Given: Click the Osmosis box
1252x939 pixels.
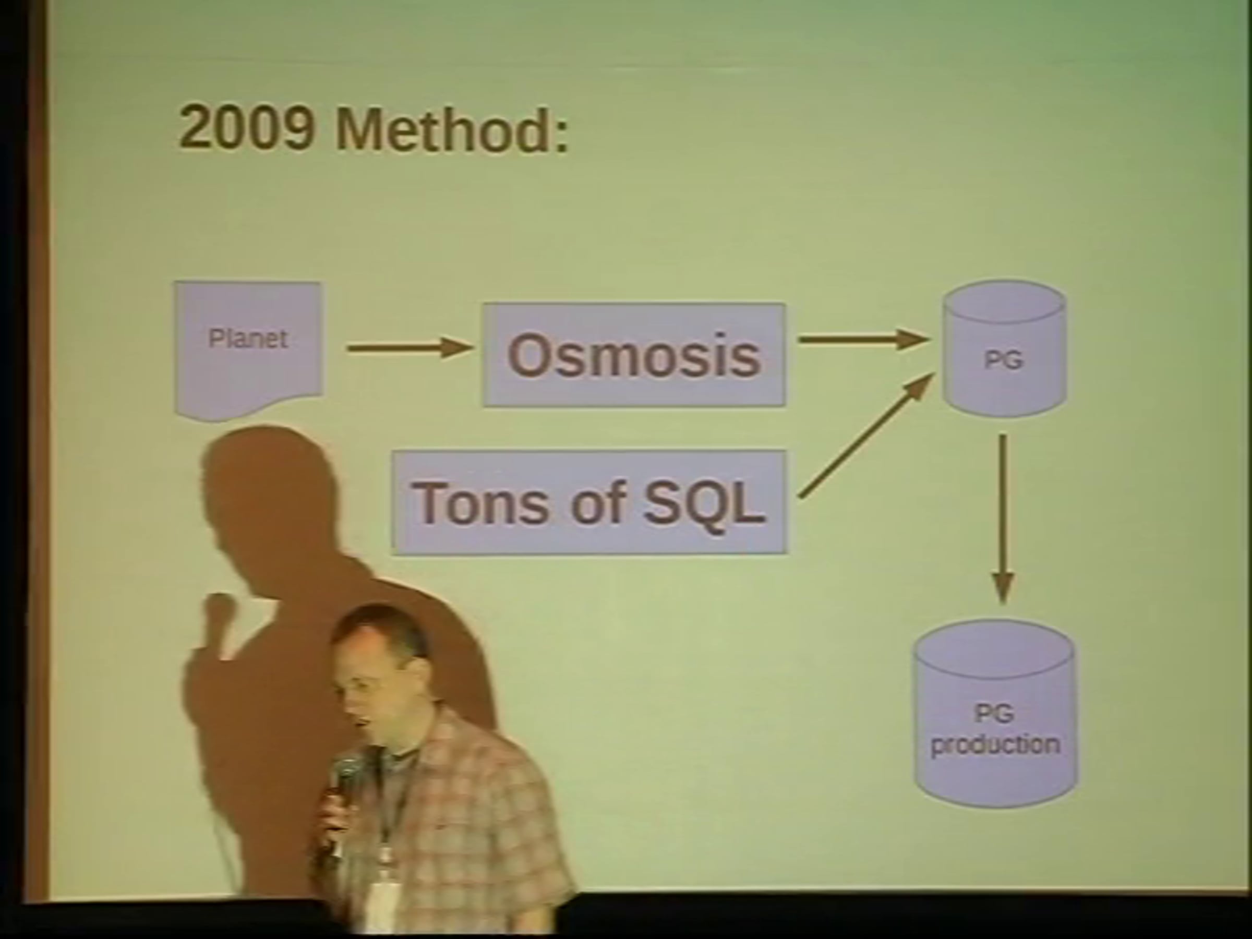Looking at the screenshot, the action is (x=634, y=355).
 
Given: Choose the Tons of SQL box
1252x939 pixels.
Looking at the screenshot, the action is (x=589, y=502).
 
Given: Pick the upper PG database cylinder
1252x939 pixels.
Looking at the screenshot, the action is (x=1005, y=348).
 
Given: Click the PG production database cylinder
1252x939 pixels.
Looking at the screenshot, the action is (x=995, y=714).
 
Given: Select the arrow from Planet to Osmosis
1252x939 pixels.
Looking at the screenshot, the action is (x=410, y=347).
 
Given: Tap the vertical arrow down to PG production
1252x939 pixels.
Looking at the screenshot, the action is (x=1003, y=518).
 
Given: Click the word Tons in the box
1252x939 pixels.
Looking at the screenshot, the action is (x=481, y=502).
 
